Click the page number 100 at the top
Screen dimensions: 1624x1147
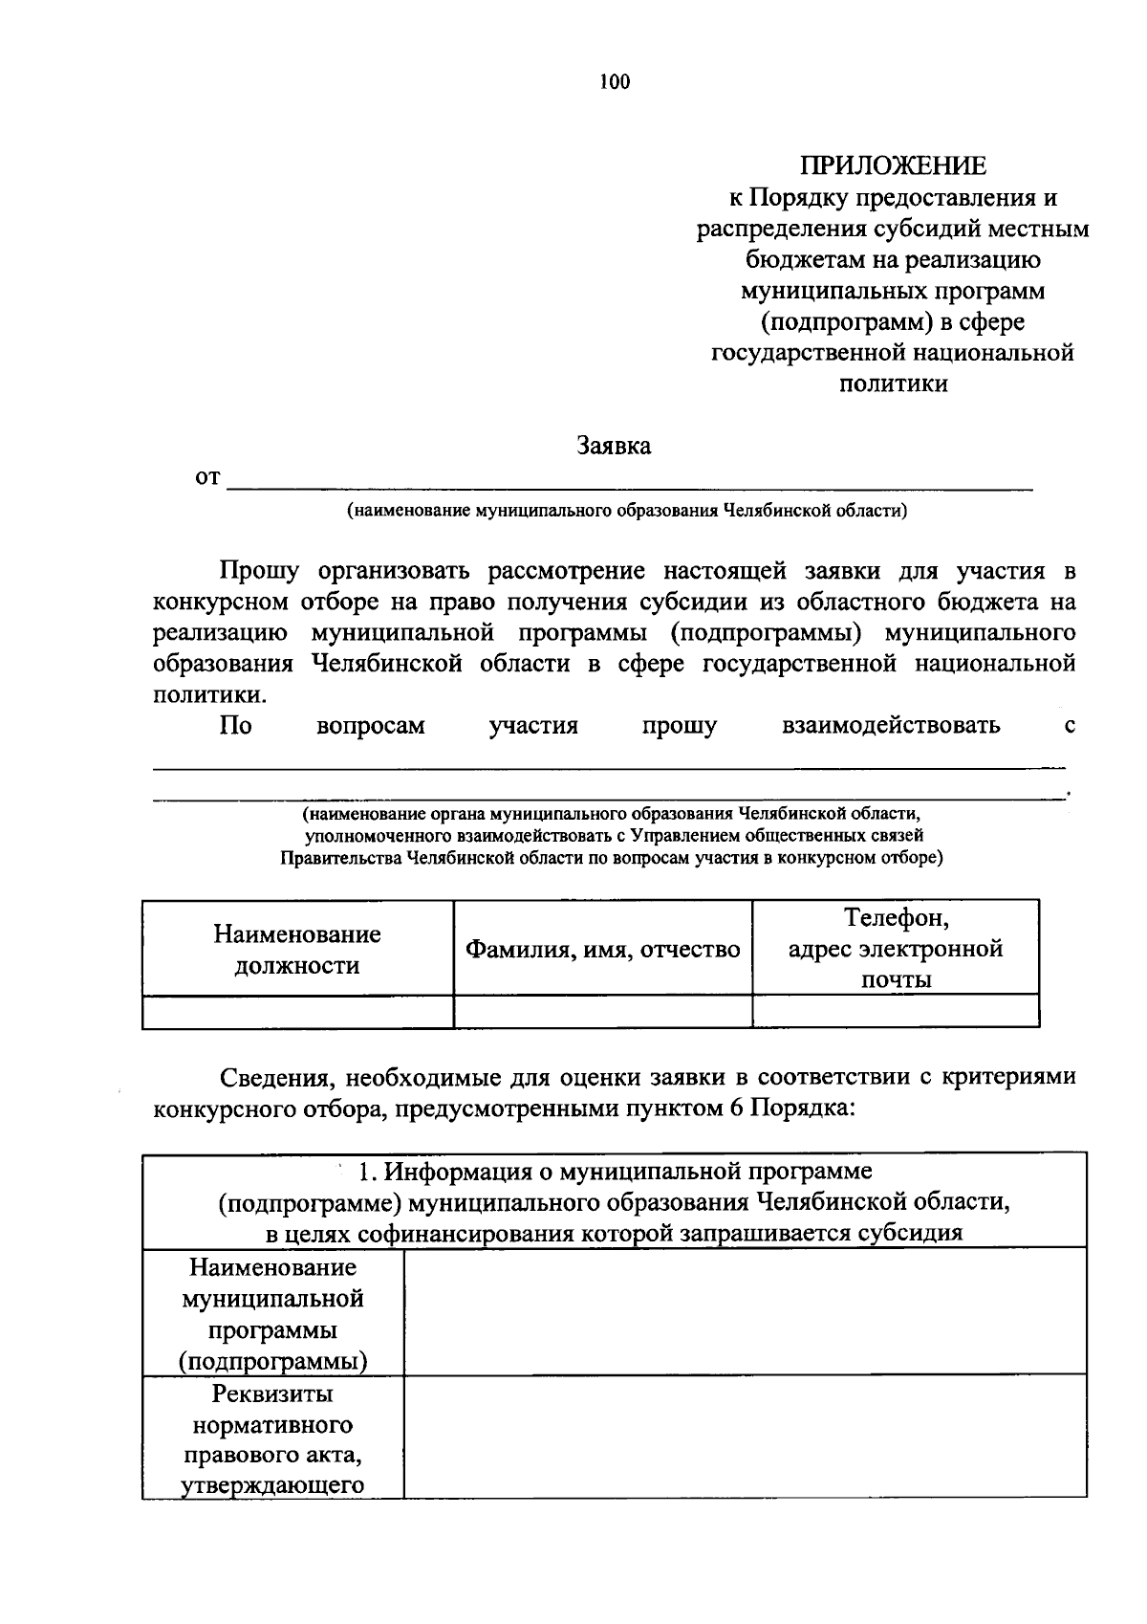click(x=615, y=82)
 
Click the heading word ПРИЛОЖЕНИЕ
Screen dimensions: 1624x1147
click(x=893, y=166)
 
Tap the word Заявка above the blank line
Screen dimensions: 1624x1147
click(x=614, y=446)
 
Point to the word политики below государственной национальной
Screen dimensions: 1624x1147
click(x=893, y=384)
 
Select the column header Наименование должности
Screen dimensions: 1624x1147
click(x=297, y=949)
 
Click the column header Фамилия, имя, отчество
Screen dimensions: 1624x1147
click(x=602, y=950)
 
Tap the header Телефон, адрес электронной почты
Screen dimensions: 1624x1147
click(x=896, y=948)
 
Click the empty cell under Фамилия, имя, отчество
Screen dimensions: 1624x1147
click(x=602, y=1011)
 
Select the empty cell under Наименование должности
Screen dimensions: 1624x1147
click(x=297, y=1011)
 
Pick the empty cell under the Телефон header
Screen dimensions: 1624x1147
click(x=896, y=1011)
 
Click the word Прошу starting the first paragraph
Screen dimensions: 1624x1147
click(x=259, y=572)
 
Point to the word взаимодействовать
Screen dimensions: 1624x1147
click(x=891, y=726)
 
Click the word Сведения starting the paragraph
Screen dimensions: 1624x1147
click(x=276, y=1077)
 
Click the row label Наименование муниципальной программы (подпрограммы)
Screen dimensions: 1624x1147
click(x=273, y=1314)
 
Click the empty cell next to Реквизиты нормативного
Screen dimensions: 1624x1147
click(x=745, y=1436)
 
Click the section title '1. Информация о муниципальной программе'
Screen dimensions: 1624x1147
click(x=614, y=1171)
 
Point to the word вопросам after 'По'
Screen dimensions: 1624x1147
click(x=370, y=726)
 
